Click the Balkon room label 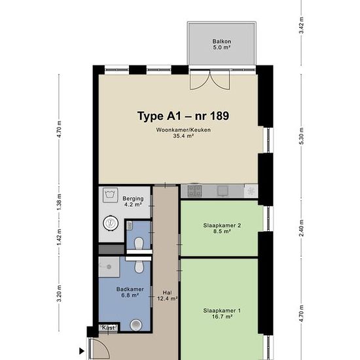221,41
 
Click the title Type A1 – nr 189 183,116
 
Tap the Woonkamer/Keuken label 183,130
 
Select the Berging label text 133,198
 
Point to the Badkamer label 130,289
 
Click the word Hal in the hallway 167,293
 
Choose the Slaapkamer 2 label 222,225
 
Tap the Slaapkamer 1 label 222,311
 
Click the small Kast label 108,328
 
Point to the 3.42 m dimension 302,26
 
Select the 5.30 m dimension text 302,136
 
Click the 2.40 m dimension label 302,228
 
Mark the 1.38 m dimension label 59,202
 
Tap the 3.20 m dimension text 59,294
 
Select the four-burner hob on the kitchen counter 194,191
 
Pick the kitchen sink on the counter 223,191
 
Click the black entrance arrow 82,351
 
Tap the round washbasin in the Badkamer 136,325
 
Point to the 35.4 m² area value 183,136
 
